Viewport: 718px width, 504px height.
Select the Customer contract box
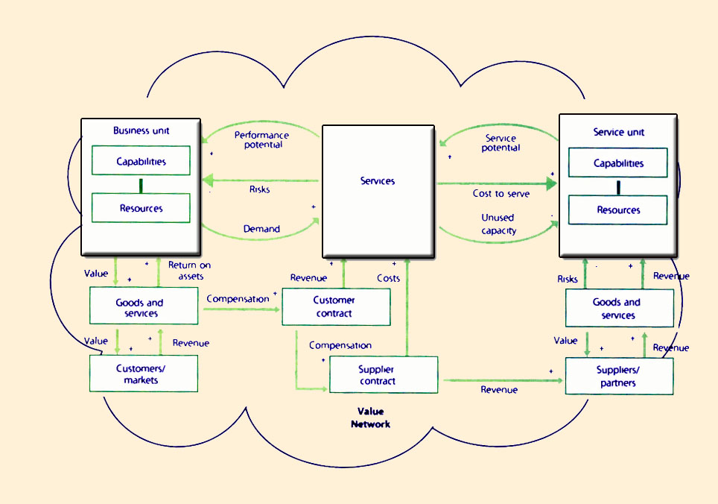tap(336, 307)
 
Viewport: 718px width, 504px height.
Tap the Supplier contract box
tap(384, 375)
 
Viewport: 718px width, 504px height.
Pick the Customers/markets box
tap(144, 374)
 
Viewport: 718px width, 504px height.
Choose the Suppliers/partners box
tap(619, 377)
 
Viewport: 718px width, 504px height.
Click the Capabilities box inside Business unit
tap(141, 161)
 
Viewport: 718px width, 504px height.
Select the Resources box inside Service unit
tap(618, 210)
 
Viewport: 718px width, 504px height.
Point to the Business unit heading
tap(141, 130)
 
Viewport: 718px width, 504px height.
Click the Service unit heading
tap(618, 132)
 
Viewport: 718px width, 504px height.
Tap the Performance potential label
tap(261, 139)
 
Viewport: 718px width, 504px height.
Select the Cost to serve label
tap(501, 194)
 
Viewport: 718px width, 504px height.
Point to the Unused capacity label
tap(498, 224)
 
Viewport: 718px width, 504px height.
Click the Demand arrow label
tap(261, 229)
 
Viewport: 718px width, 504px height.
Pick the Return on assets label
tap(189, 271)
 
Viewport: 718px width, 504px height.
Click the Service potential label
tap(501, 143)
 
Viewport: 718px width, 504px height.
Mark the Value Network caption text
tap(370, 418)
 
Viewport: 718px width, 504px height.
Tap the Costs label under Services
tap(388, 278)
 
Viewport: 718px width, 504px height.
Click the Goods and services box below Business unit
tap(144, 306)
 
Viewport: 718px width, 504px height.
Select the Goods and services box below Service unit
tap(619, 309)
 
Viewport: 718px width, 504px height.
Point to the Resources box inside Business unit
tap(141, 208)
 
